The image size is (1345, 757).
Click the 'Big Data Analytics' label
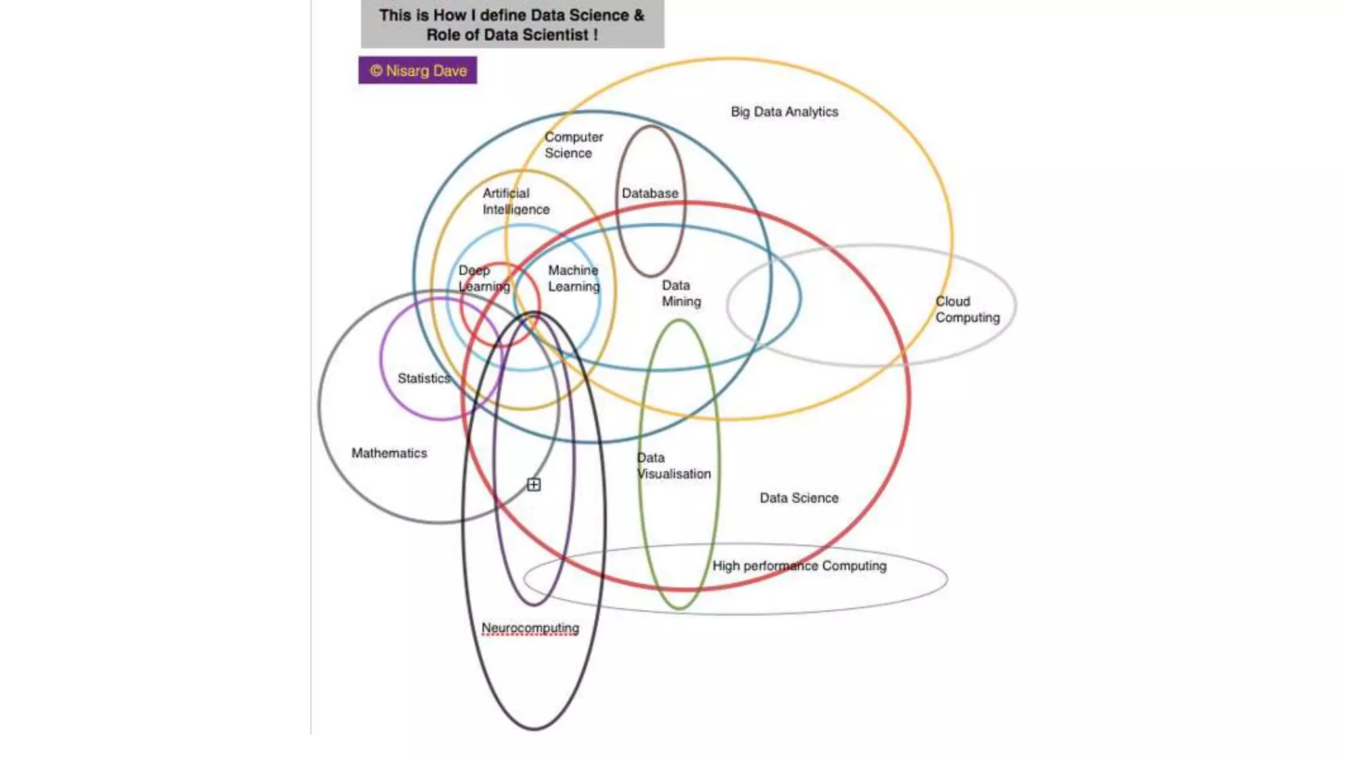[x=784, y=112]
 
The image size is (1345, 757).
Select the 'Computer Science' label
[x=573, y=145]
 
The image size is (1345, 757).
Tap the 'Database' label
[x=650, y=193]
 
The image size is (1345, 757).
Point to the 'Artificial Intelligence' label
[x=516, y=201]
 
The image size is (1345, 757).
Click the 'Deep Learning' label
[x=483, y=279]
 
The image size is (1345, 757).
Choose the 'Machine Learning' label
[x=573, y=279]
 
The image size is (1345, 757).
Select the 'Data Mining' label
[x=681, y=293]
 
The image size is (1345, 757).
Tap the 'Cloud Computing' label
[x=967, y=310]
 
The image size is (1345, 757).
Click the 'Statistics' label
[x=424, y=378]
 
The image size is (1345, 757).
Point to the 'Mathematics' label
[x=389, y=453]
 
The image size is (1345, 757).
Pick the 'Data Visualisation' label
[x=673, y=466]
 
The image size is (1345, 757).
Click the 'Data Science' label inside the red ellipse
[x=799, y=498]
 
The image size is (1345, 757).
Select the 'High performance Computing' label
[x=799, y=566]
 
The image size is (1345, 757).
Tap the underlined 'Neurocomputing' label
[x=530, y=628]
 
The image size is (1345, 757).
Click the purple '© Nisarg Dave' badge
[x=418, y=70]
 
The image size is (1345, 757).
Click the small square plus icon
[x=534, y=485]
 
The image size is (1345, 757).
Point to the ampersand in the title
[x=639, y=15]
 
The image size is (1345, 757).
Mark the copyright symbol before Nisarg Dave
[x=376, y=70]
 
